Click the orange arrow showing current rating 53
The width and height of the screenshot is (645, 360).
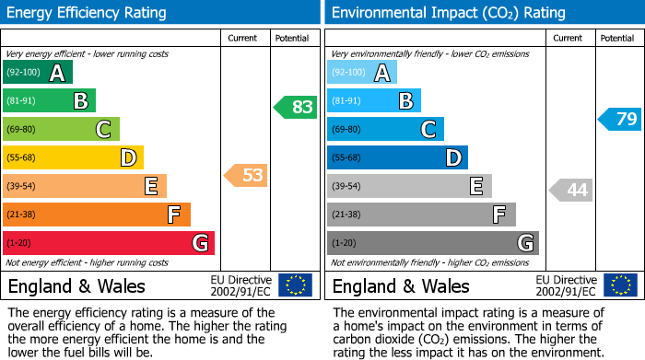pos(246,175)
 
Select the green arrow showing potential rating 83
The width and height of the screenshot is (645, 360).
pos(296,107)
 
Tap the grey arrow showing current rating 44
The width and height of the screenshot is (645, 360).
pos(570,190)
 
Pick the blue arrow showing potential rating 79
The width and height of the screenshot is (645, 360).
pos(620,119)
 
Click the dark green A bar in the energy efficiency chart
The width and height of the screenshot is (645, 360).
pos(38,73)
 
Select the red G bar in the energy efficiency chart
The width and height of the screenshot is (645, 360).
pos(109,243)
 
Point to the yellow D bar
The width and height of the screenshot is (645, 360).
pos(73,157)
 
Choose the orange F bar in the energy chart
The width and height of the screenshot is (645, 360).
pos(97,215)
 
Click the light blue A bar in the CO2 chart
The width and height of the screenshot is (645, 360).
pos(362,73)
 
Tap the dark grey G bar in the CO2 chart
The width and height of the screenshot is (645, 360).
pos(432,243)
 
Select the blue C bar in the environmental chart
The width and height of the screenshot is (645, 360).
pos(385,129)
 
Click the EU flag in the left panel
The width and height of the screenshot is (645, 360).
pos(296,285)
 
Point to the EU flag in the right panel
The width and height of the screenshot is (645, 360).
pos(620,285)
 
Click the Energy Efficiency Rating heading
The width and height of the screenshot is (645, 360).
pos(87,13)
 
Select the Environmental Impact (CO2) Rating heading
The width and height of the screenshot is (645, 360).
pos(448,13)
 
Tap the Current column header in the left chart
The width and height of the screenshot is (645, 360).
pos(242,38)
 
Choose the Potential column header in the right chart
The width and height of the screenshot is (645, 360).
pos(616,38)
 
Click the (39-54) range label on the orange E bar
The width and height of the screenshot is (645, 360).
pos(21,187)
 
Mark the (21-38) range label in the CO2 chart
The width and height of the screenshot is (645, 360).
pos(346,215)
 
